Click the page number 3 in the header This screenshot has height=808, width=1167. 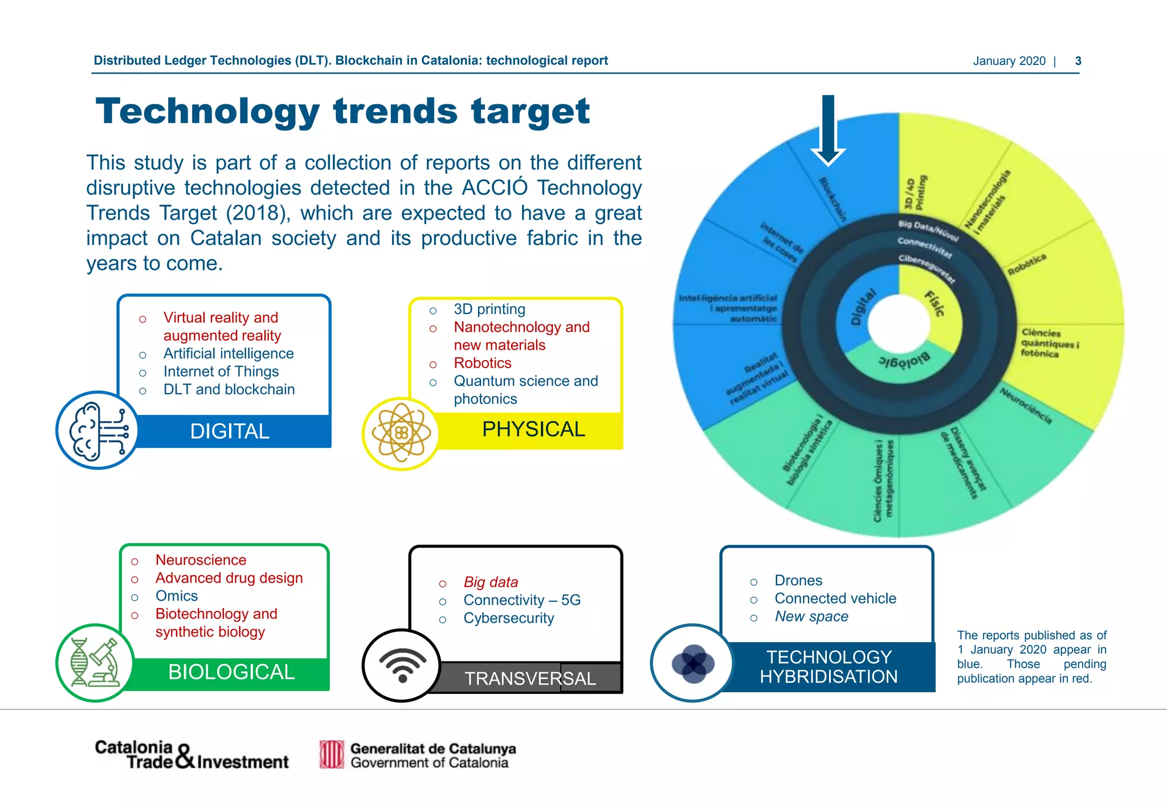[1078, 61]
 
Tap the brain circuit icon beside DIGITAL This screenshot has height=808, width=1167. [97, 430]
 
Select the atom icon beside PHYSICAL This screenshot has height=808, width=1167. [401, 434]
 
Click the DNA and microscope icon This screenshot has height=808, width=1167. [95, 663]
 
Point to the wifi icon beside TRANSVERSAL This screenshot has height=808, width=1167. [402, 665]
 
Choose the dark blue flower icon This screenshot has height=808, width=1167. [692, 663]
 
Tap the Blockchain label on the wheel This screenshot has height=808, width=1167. [833, 199]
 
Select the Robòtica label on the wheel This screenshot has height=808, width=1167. [1026, 264]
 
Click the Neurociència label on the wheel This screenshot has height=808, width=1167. [1026, 405]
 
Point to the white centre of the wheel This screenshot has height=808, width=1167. [899, 324]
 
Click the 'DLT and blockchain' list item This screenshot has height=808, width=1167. [229, 390]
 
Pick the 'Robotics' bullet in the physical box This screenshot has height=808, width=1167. [482, 363]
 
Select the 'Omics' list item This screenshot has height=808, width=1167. [177, 596]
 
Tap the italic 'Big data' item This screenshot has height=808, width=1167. [491, 582]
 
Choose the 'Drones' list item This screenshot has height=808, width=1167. [798, 581]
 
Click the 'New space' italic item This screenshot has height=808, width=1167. [811, 617]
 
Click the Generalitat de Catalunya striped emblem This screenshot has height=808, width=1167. [332, 754]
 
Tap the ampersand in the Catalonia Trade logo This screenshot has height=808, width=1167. [185, 757]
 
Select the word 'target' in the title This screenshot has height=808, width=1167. [530, 111]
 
